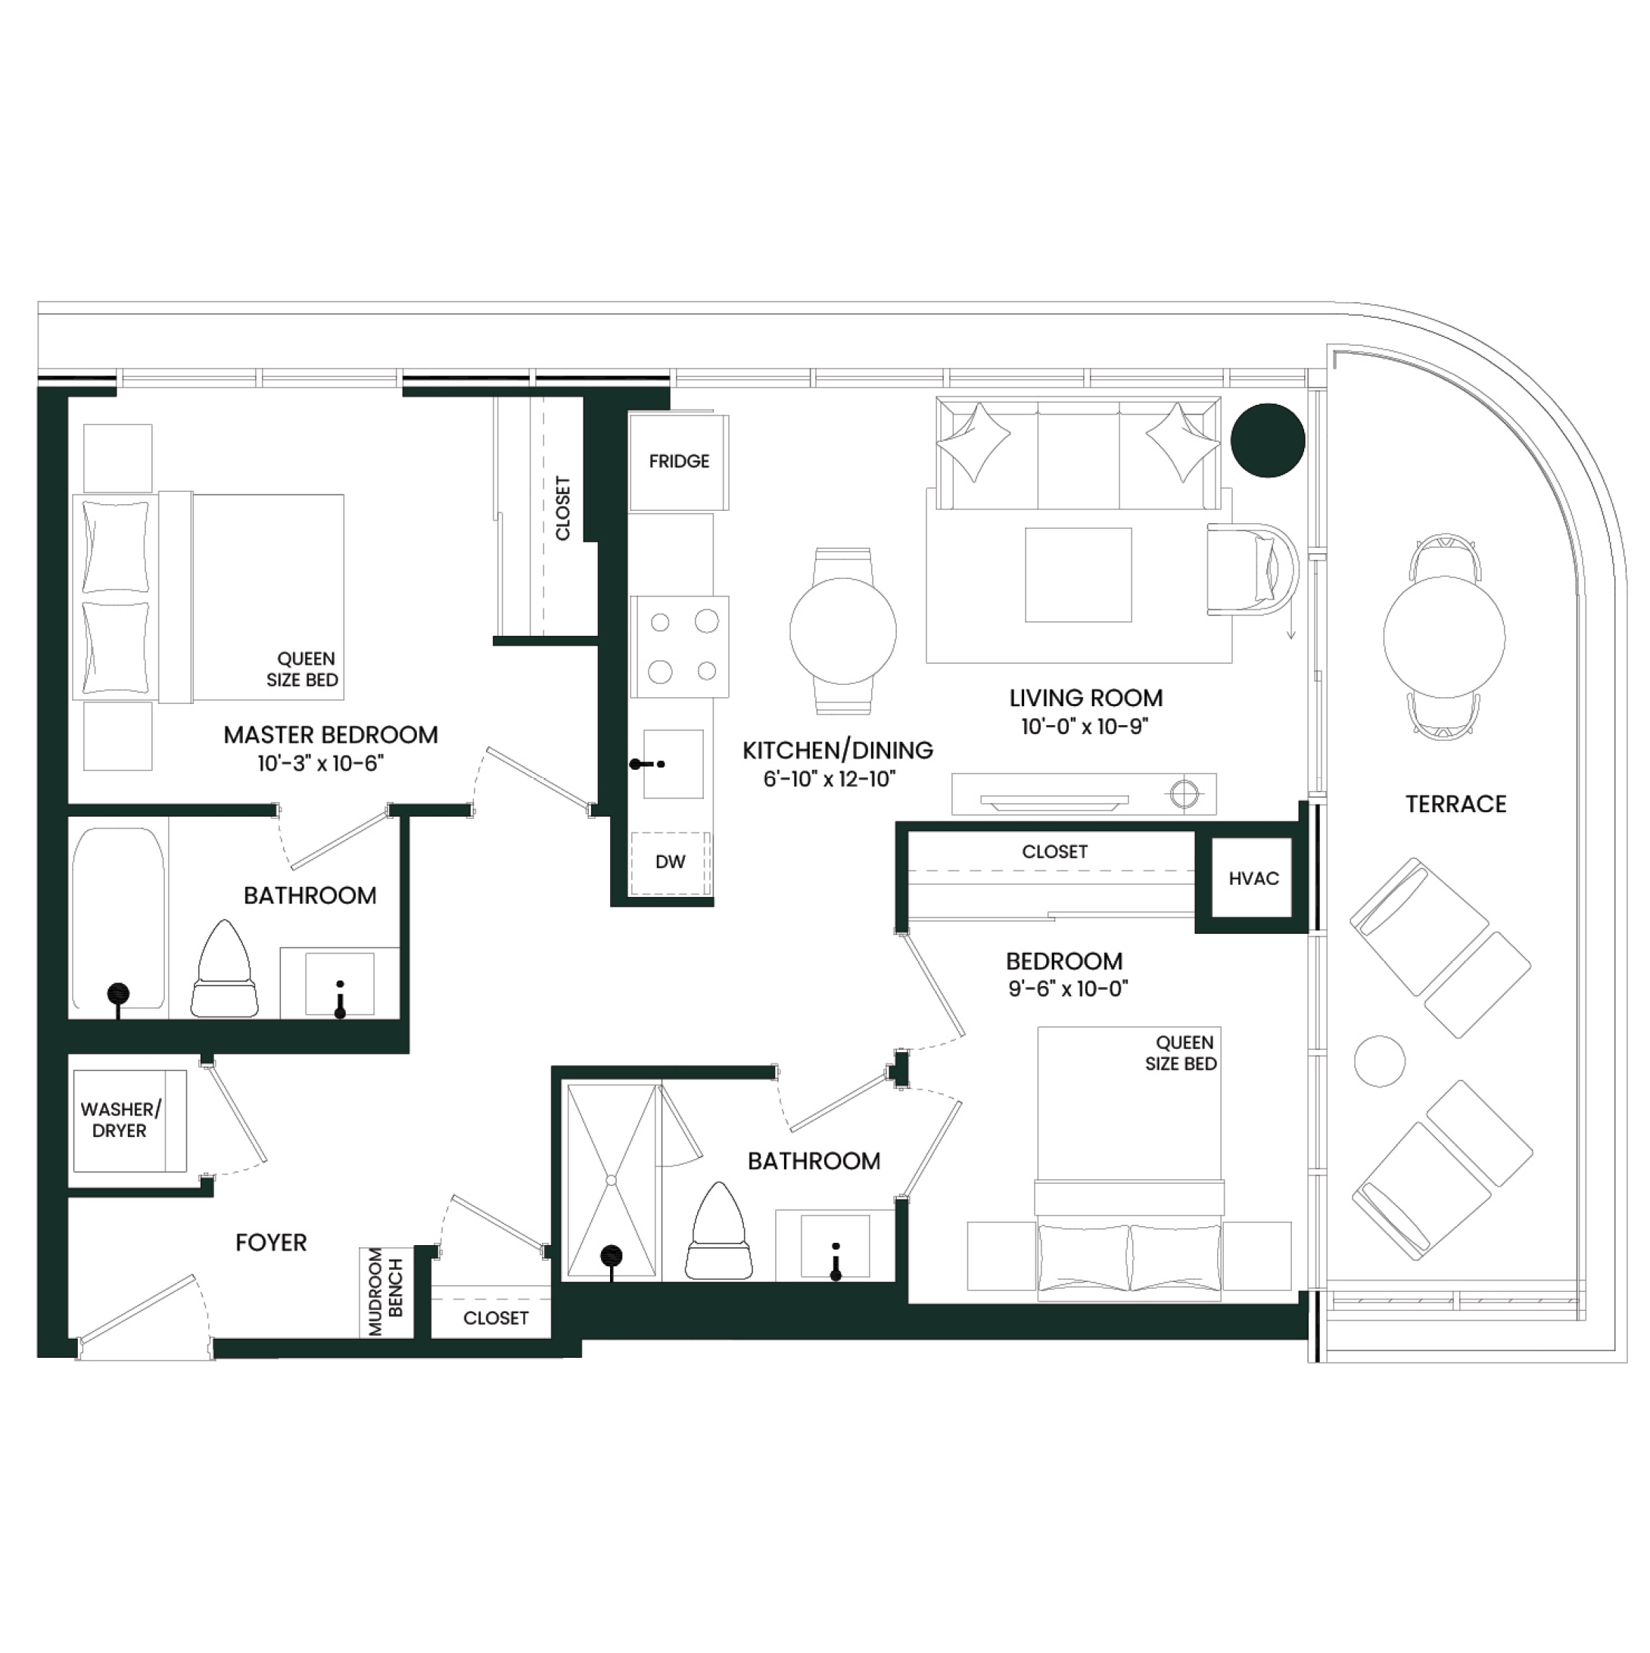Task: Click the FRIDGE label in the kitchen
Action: pos(679,461)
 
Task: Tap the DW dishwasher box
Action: pos(670,862)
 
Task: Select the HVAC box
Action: pos(1253,878)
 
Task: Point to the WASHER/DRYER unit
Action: pos(129,1120)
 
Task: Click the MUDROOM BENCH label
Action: pos(385,1291)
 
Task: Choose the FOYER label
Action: pos(270,1242)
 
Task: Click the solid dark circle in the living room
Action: pos(1268,440)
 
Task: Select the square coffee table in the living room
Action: pos(1079,575)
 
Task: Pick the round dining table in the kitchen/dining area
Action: pos(843,630)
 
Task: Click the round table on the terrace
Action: pos(1444,636)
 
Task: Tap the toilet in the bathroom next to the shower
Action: pos(719,1231)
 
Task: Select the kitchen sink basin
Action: pos(674,763)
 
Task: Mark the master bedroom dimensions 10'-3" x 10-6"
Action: pos(321,763)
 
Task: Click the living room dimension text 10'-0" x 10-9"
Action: pos(1085,726)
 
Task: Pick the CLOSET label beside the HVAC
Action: pos(1054,851)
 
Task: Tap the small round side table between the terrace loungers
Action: pos(1380,1061)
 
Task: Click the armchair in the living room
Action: pos(1252,569)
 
